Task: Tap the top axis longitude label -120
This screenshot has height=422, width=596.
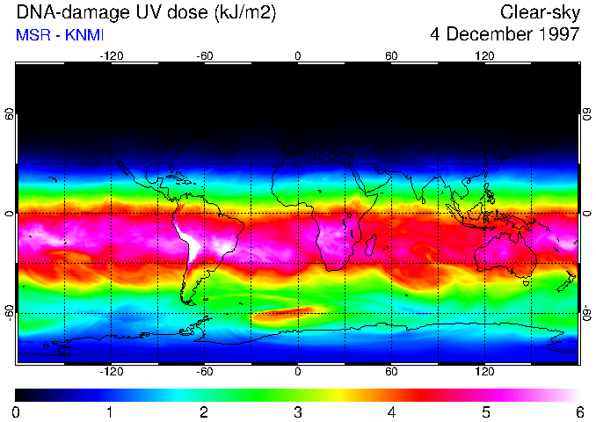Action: pyautogui.click(x=111, y=55)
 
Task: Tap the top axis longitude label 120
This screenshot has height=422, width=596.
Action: pyautogui.click(x=484, y=55)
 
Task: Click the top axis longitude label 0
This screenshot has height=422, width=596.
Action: pyautogui.click(x=298, y=55)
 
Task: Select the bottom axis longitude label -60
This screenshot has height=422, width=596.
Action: pyautogui.click(x=205, y=372)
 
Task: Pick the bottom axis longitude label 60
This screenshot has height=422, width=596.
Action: pyautogui.click(x=391, y=372)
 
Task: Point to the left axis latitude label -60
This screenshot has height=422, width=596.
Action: pyautogui.click(x=10, y=312)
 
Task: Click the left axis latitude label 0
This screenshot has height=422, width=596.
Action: pyautogui.click(x=10, y=214)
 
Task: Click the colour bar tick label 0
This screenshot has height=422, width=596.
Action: pyautogui.click(x=17, y=411)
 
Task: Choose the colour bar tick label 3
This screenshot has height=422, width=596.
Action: pyautogui.click(x=298, y=411)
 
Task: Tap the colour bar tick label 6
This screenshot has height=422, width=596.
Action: pyautogui.click(x=578, y=411)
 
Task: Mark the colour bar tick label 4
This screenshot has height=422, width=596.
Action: pyautogui.click(x=392, y=411)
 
